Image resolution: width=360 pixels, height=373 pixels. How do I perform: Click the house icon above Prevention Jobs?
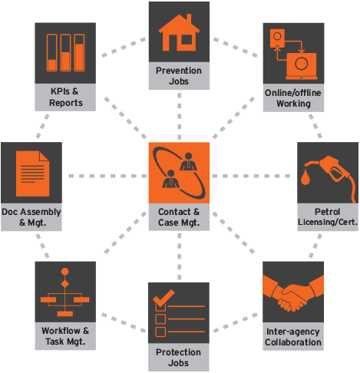point(179,31)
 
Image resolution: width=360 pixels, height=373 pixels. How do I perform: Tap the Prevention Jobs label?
point(179,75)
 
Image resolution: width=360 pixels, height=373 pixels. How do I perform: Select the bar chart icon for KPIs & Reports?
point(65,52)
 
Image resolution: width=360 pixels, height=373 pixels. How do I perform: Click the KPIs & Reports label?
point(65,97)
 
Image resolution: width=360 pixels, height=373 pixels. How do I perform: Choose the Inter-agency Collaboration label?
point(293,337)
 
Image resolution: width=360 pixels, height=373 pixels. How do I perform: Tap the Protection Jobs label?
point(179,358)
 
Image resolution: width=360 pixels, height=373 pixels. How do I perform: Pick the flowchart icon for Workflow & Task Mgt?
point(65,292)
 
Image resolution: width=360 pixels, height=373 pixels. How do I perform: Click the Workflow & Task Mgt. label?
point(65,336)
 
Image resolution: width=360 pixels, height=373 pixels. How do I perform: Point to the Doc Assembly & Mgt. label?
point(31,217)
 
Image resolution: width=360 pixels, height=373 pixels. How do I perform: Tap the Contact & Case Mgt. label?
point(179,217)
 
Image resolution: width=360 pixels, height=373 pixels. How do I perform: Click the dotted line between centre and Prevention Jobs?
point(179,115)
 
